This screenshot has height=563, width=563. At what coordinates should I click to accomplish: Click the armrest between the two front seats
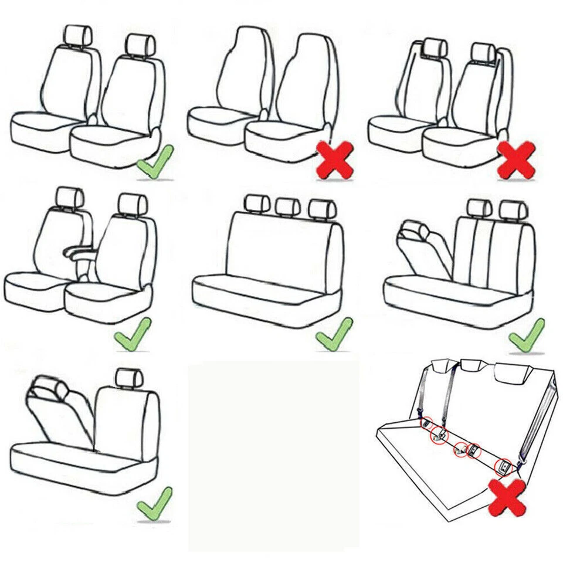(x=79, y=253)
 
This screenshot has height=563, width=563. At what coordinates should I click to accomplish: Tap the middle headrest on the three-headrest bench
(x=287, y=206)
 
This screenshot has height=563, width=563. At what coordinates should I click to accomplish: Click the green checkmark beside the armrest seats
(x=132, y=334)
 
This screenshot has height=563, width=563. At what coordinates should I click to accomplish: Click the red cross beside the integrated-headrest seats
(x=335, y=160)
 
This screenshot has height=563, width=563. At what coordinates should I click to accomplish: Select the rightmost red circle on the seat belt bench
(x=504, y=467)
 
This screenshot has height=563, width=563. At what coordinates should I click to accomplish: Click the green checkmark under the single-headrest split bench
(x=154, y=504)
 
